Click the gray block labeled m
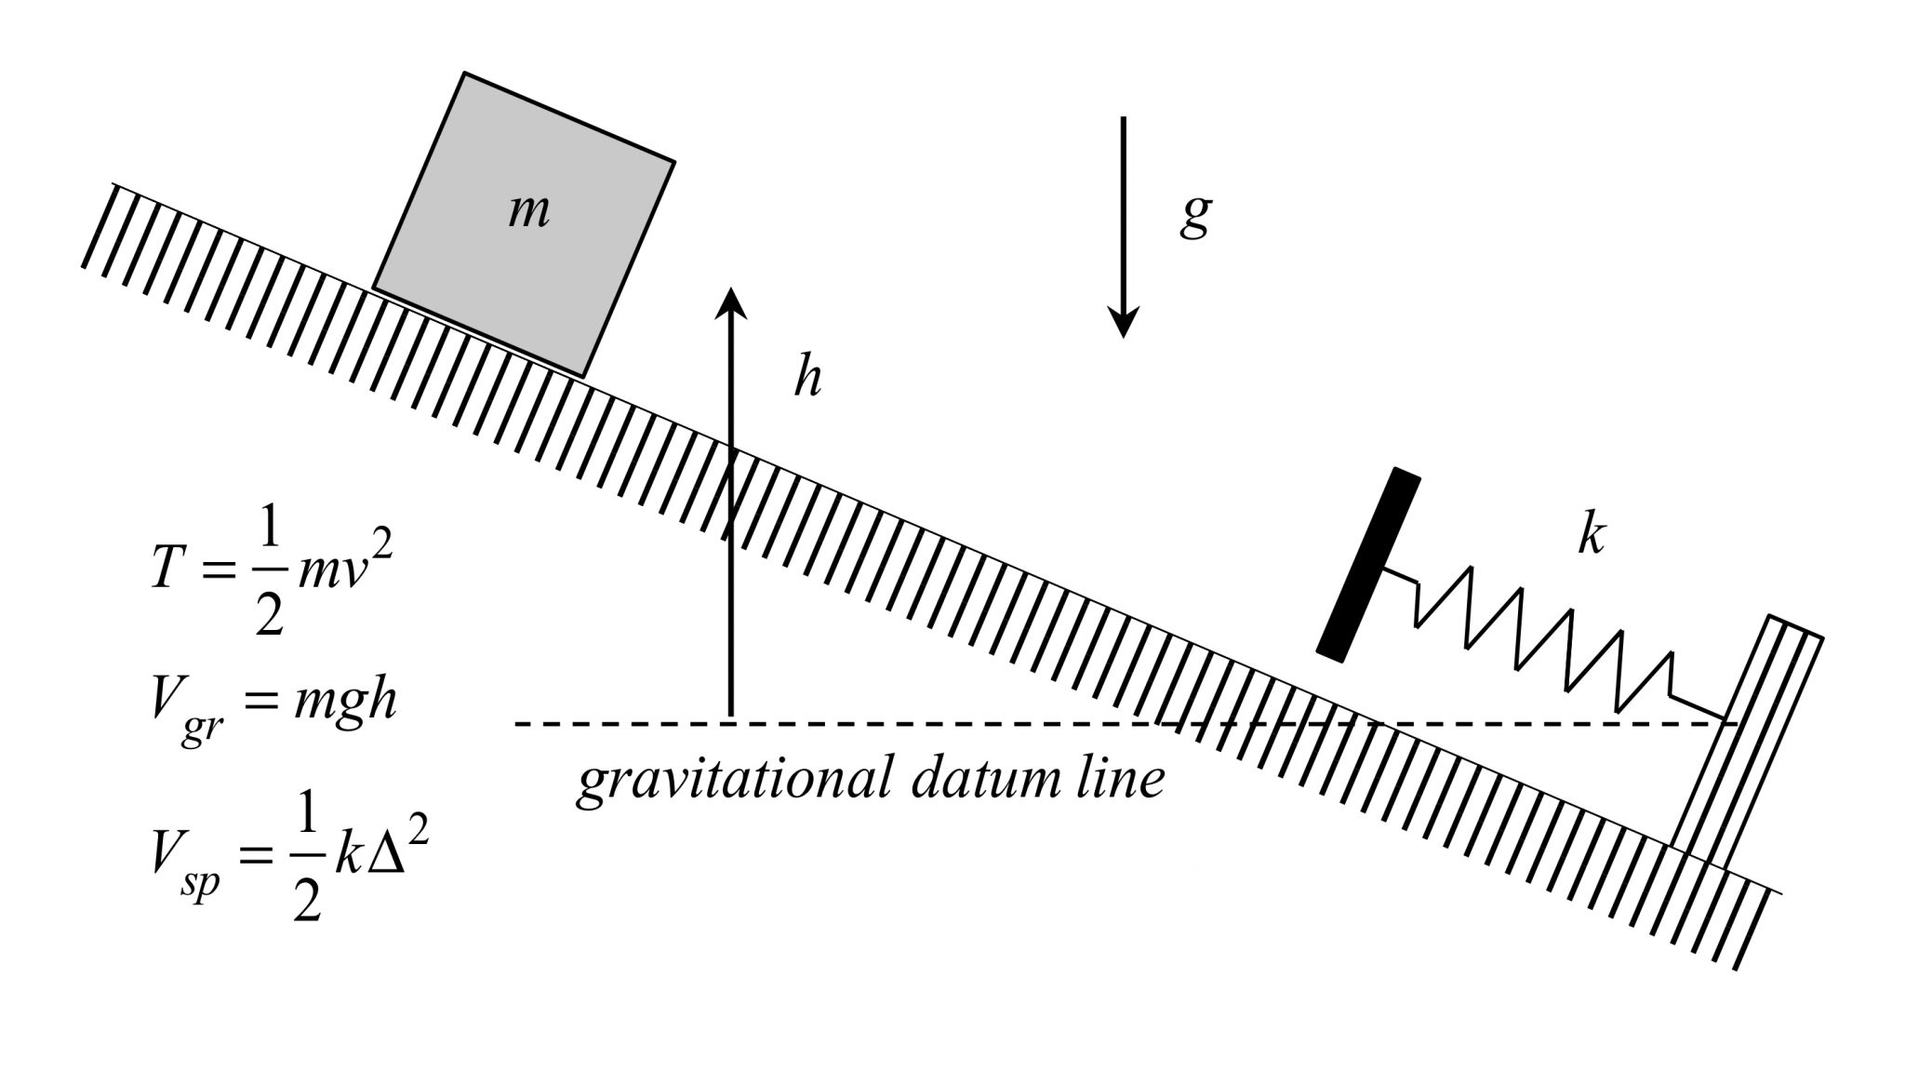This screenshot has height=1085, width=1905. (x=524, y=223)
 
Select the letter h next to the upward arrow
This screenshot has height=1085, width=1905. (x=807, y=378)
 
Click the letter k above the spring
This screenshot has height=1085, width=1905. (x=1591, y=535)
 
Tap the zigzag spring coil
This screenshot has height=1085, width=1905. (x=1544, y=642)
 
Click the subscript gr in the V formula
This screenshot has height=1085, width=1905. (x=200, y=728)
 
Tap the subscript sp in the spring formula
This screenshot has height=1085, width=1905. (x=201, y=878)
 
